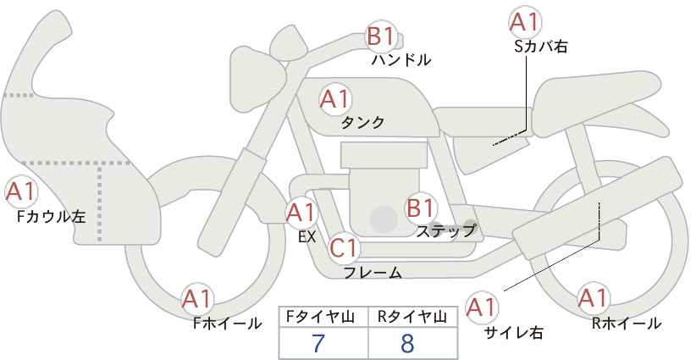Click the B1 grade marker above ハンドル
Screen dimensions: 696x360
(381, 36)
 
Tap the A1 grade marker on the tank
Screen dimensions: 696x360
(335, 99)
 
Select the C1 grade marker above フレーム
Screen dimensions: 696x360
(344, 248)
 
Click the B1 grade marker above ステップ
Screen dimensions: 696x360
(420, 208)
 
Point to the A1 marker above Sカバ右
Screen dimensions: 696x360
(525, 22)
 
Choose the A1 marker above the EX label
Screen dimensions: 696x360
(301, 213)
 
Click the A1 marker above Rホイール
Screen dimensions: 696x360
(593, 298)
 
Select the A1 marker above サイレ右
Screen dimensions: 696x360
(482, 307)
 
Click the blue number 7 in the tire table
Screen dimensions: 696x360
(318, 343)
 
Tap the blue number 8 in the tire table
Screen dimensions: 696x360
(406, 343)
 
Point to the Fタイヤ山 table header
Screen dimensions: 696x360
(320, 317)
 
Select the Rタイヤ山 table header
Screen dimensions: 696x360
(412, 317)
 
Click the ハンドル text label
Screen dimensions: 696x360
(401, 60)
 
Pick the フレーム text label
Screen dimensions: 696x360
(373, 273)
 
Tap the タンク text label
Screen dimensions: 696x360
(362, 122)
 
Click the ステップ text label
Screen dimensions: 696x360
(446, 231)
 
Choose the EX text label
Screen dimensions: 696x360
(307, 237)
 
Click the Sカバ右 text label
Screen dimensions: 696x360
(541, 47)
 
